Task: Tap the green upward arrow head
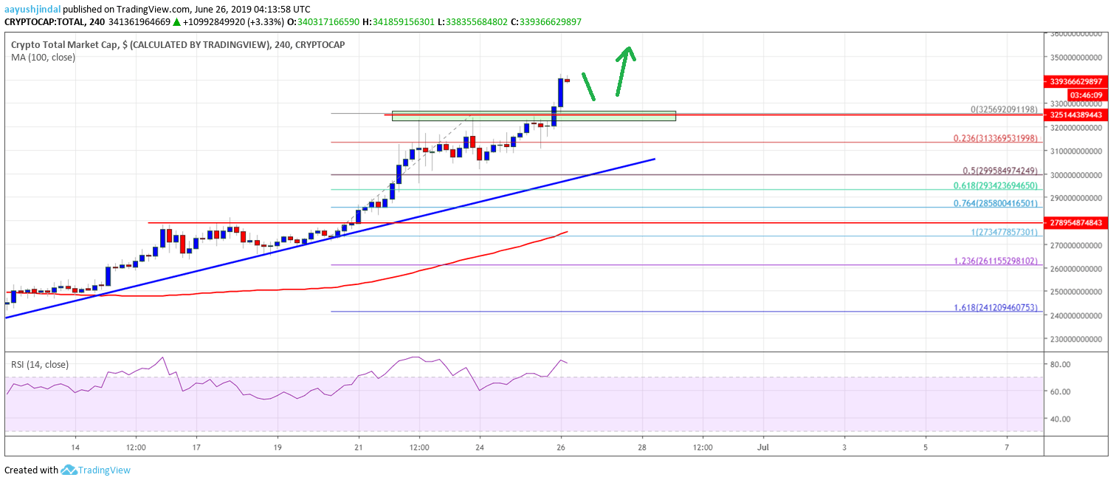coord(627,52)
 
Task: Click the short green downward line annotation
coord(588,86)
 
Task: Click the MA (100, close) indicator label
coord(43,57)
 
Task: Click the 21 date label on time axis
coord(358,448)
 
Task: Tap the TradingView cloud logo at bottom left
coord(69,470)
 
